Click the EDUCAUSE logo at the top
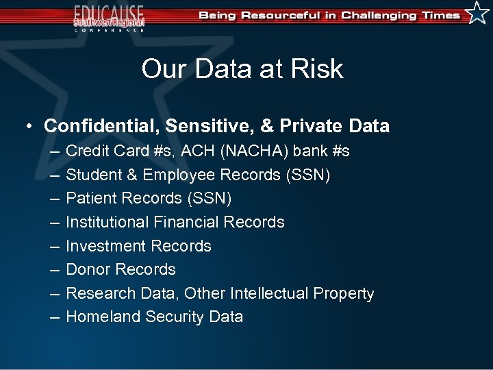click(110, 17)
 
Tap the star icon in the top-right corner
click(477, 12)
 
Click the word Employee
click(178, 175)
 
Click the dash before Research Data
click(53, 293)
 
